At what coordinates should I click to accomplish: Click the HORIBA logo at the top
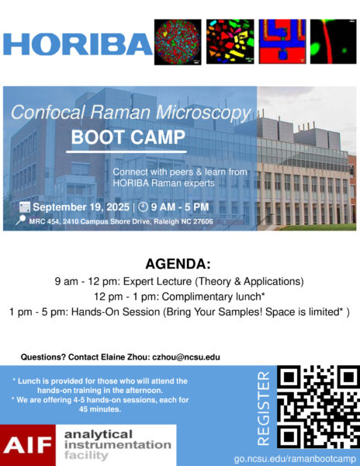[x=78, y=44]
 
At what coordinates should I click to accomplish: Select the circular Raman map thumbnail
[x=178, y=42]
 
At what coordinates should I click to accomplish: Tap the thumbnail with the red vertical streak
[x=334, y=42]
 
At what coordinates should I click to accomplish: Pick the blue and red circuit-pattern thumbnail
[x=282, y=42]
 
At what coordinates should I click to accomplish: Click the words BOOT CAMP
[x=128, y=137]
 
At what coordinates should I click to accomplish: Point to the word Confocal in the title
[x=48, y=113]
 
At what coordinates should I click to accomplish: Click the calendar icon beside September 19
[x=25, y=207]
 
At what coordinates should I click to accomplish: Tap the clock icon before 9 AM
[x=143, y=207]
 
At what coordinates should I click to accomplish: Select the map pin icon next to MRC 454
[x=20, y=221]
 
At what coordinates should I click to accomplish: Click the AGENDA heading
[x=178, y=264]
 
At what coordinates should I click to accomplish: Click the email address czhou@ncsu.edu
[x=186, y=357]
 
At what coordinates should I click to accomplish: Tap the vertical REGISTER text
[x=264, y=409]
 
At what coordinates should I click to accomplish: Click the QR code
[x=318, y=407]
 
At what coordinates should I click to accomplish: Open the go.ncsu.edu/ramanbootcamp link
[x=295, y=459]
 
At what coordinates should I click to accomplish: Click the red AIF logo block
[x=28, y=445]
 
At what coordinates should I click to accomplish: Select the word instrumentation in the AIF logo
[x=118, y=445]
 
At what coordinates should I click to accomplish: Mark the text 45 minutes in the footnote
[x=100, y=409]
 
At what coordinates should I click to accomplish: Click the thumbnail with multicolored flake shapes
[x=230, y=42]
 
